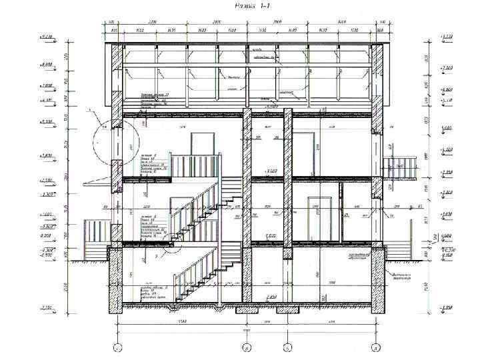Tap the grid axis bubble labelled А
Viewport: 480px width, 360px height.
point(377,347)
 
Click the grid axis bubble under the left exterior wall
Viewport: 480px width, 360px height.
point(117,347)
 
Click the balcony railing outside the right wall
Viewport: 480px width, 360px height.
point(400,167)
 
